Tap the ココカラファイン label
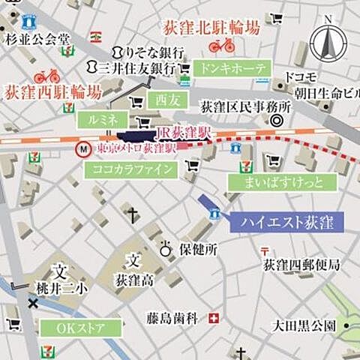(133, 169)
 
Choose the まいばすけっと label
(277, 182)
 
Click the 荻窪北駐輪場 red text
(212, 29)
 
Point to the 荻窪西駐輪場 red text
(52, 92)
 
